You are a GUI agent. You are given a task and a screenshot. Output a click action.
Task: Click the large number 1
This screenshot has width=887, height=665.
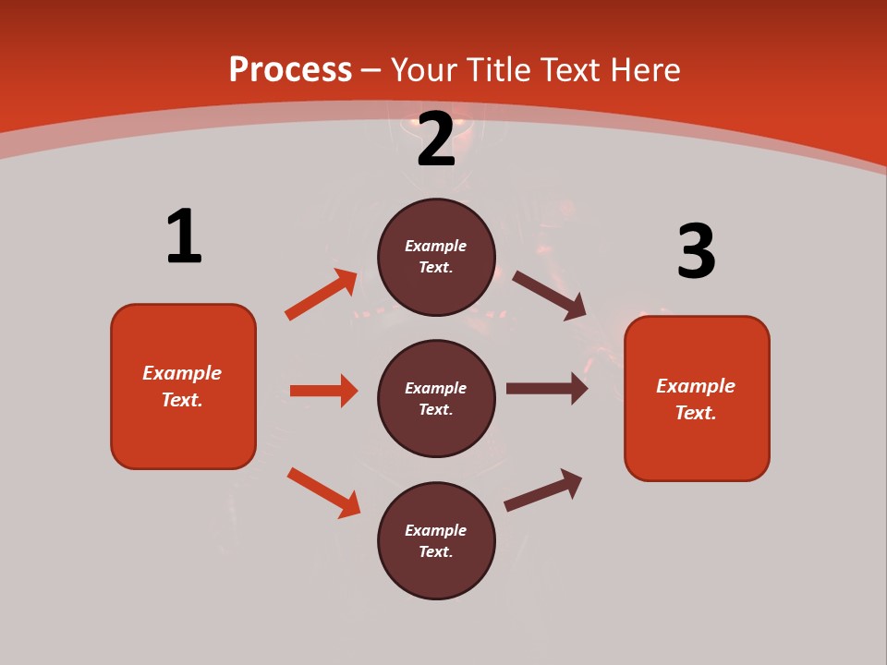point(184,236)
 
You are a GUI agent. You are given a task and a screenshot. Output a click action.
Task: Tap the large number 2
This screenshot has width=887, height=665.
point(436,140)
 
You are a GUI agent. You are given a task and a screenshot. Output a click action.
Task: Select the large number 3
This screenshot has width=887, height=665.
point(696,252)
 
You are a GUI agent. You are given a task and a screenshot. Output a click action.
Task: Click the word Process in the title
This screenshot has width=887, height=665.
point(290,69)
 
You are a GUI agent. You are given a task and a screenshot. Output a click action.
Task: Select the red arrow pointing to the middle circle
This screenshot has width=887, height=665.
point(323,391)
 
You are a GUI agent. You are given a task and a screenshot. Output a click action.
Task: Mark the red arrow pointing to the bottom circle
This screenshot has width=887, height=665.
point(323,491)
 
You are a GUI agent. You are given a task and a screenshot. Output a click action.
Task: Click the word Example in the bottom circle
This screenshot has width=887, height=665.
point(436,530)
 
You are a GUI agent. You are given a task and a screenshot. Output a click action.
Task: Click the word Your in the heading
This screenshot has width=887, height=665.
point(422,69)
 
